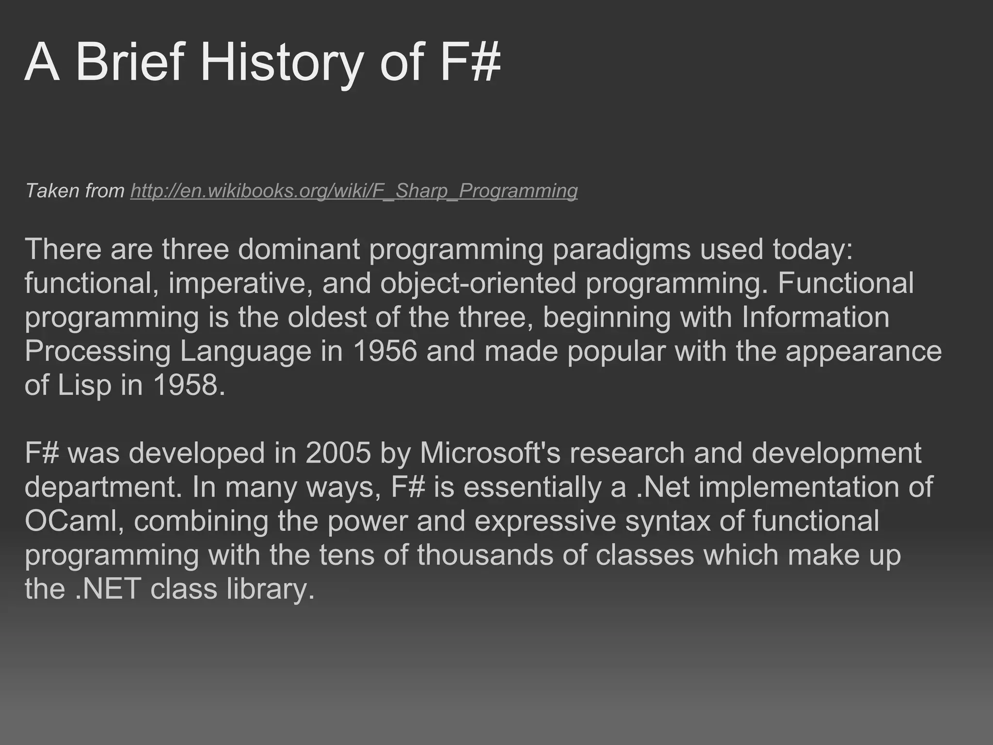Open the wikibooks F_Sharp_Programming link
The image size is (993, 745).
[354, 191]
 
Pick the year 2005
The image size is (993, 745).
[338, 453]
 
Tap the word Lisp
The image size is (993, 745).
[84, 385]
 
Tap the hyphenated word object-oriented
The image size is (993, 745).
[478, 283]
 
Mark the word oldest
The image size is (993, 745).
[327, 317]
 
